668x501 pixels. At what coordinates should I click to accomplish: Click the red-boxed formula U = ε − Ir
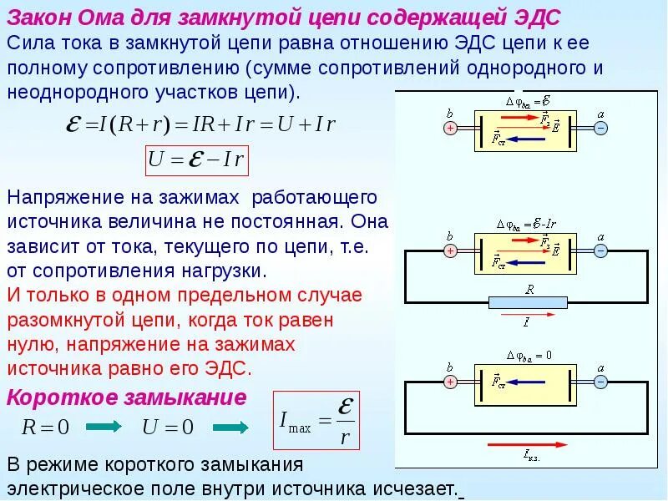point(197,160)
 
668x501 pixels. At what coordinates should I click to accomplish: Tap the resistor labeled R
point(529,302)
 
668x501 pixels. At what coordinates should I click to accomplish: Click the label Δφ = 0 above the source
point(528,355)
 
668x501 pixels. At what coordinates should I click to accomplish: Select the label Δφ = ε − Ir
point(527,224)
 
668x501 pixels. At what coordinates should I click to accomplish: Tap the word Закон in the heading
point(42,17)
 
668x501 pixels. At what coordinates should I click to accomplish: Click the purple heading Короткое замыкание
point(126,397)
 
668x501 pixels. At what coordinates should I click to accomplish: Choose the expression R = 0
point(45,428)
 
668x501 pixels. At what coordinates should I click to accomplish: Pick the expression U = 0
point(167,428)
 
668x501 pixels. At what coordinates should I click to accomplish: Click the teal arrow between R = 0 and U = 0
point(104,428)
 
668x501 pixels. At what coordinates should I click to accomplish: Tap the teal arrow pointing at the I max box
point(230,428)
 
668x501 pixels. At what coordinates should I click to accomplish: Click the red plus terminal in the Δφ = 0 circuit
point(450,382)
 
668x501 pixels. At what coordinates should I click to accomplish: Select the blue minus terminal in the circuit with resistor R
point(600,250)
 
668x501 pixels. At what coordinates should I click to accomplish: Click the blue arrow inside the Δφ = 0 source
point(529,382)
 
